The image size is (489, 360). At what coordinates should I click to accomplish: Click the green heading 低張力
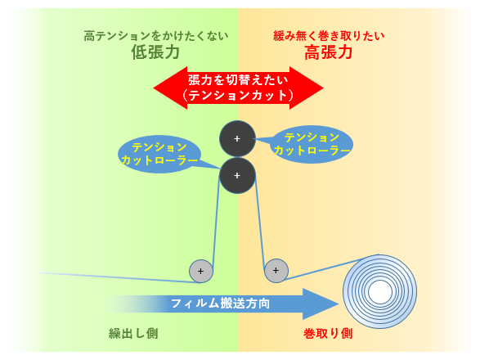(155, 52)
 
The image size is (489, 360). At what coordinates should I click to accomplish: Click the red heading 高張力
(329, 52)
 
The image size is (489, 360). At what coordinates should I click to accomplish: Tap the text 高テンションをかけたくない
(156, 36)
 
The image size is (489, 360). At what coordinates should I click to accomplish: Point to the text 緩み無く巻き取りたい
(329, 36)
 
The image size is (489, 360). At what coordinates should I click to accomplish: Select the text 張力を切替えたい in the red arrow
(238, 80)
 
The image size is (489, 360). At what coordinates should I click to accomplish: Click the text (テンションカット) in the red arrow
(238, 95)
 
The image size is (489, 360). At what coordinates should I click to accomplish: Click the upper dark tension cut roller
(237, 138)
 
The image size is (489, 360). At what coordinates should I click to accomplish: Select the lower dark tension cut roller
(237, 175)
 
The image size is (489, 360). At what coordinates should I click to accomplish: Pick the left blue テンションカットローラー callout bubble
(159, 154)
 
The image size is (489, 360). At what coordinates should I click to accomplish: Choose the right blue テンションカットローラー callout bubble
(313, 144)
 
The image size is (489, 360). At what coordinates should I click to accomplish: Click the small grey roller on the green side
(201, 271)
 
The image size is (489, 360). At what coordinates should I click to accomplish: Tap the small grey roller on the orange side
(276, 271)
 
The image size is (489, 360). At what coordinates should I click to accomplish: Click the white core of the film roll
(379, 291)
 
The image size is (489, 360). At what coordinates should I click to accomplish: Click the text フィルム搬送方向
(220, 304)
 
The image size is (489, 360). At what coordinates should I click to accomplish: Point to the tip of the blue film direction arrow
(339, 304)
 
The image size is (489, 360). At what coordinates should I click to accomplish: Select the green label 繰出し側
(133, 334)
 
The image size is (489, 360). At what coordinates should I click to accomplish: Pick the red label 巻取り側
(328, 334)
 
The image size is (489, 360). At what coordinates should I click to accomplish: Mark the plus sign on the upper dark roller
(237, 138)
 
